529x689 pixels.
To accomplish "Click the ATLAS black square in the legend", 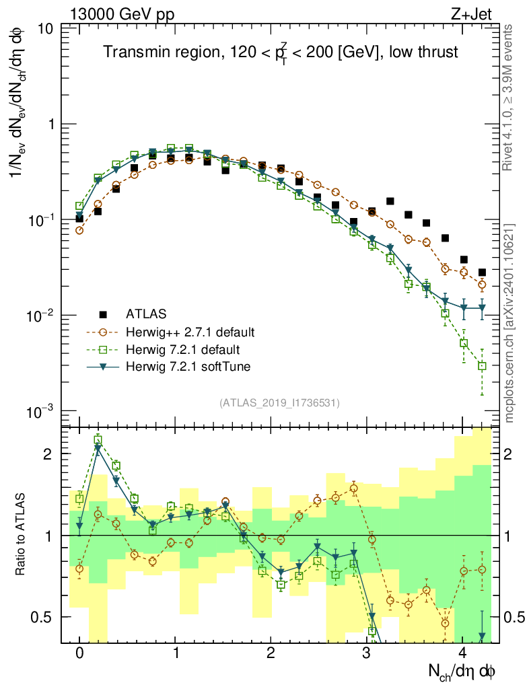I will coord(103,314).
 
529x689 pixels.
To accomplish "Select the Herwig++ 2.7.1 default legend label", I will coord(190,332).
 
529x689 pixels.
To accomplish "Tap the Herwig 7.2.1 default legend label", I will coord(183,349).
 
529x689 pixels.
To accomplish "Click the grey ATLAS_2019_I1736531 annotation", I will coord(279,403).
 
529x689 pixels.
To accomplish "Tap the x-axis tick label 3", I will coord(366,653).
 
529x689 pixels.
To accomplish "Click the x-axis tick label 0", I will coord(79,653).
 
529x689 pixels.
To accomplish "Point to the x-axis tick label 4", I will coord(462,653).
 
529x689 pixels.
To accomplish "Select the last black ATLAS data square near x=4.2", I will coord(482,273).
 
